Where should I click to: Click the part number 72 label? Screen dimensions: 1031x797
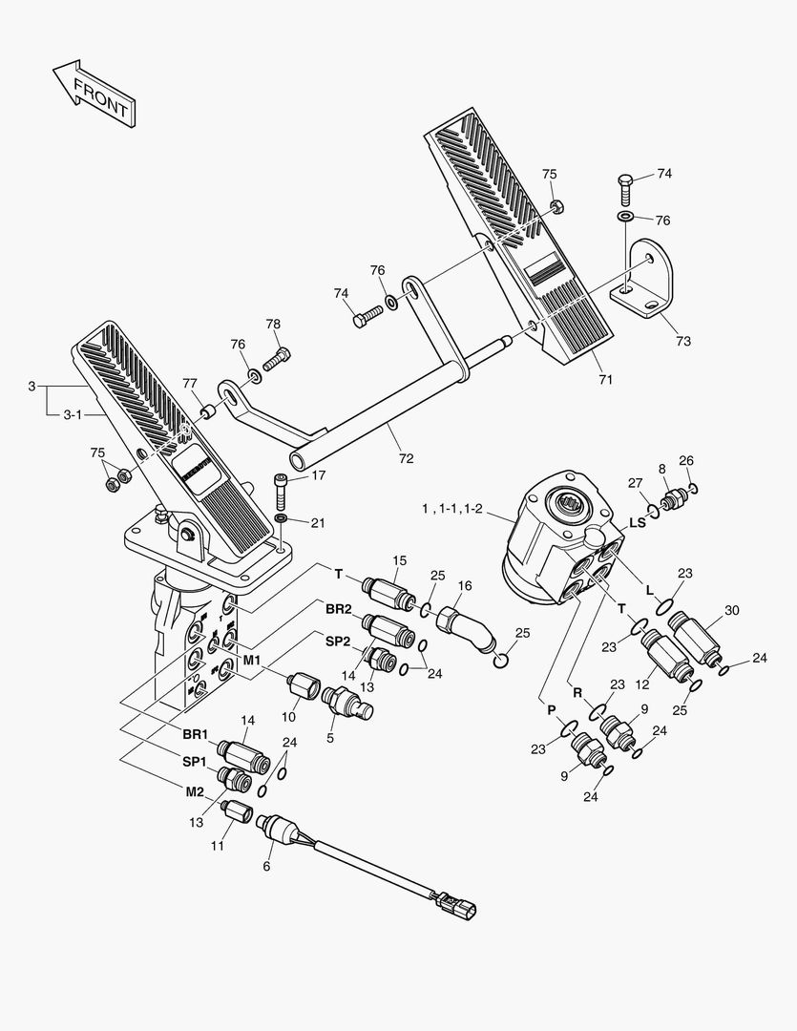[406, 458]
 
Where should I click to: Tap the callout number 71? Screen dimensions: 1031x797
[605, 379]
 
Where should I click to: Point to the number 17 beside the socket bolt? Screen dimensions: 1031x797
[318, 474]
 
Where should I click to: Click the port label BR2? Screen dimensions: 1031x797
[338, 608]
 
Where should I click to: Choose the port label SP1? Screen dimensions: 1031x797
[195, 761]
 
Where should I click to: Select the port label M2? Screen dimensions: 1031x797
[195, 791]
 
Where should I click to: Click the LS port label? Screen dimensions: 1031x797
[637, 522]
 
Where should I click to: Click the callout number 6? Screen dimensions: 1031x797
[266, 866]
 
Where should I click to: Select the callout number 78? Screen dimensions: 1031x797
[273, 324]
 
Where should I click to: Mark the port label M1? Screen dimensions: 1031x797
[250, 660]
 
